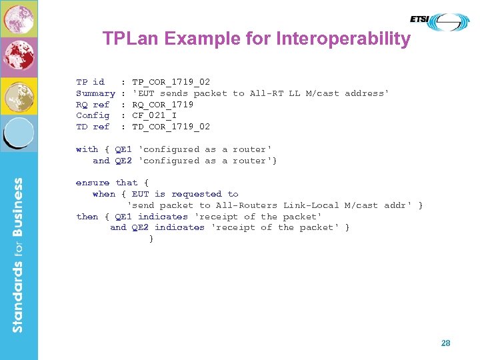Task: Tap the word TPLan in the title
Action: point(131,39)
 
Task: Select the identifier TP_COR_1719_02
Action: point(171,82)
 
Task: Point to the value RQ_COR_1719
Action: point(163,105)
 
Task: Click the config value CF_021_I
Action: point(154,115)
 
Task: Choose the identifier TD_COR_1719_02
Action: point(171,127)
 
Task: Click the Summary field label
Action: point(95,93)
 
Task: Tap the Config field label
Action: point(93,115)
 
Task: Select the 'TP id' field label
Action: point(90,82)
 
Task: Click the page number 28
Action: point(445,343)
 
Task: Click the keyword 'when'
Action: point(104,194)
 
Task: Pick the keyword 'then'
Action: point(87,217)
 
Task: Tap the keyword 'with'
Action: point(87,149)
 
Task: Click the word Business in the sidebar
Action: point(18,214)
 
